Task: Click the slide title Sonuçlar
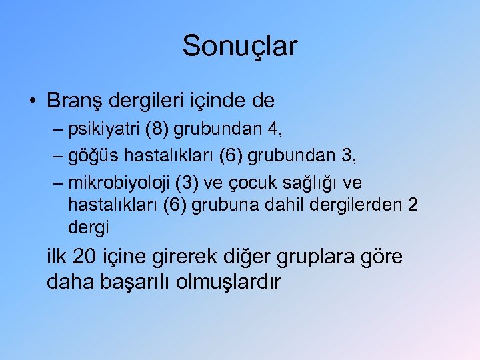coord(239,47)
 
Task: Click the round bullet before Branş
coord(33,101)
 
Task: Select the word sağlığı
coord(315,183)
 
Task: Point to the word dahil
coord(287,204)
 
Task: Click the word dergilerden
coord(359,204)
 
